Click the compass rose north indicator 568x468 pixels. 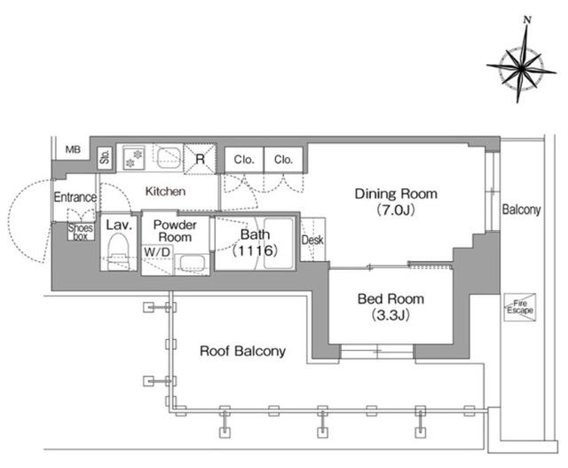pos(527,20)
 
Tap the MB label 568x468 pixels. pos(73,149)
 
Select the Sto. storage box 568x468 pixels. pos(105,157)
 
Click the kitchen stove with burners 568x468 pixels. pos(133,158)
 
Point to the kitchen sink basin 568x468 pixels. pos(169,158)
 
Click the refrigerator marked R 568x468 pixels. pos(200,159)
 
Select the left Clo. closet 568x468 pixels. pos(244,160)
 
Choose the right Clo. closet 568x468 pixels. pos(283,160)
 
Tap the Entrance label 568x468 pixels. pos(75,197)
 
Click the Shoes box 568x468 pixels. pos(81,232)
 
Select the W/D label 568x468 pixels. pos(157,252)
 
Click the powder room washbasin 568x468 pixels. pos(192,265)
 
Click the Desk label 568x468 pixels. pos(312,240)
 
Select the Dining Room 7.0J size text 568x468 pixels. pos(396,210)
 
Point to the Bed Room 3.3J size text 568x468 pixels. pos(390,315)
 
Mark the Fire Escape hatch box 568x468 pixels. pos(520,307)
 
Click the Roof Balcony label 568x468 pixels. pos(242,351)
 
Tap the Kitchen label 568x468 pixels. pos(166,192)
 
